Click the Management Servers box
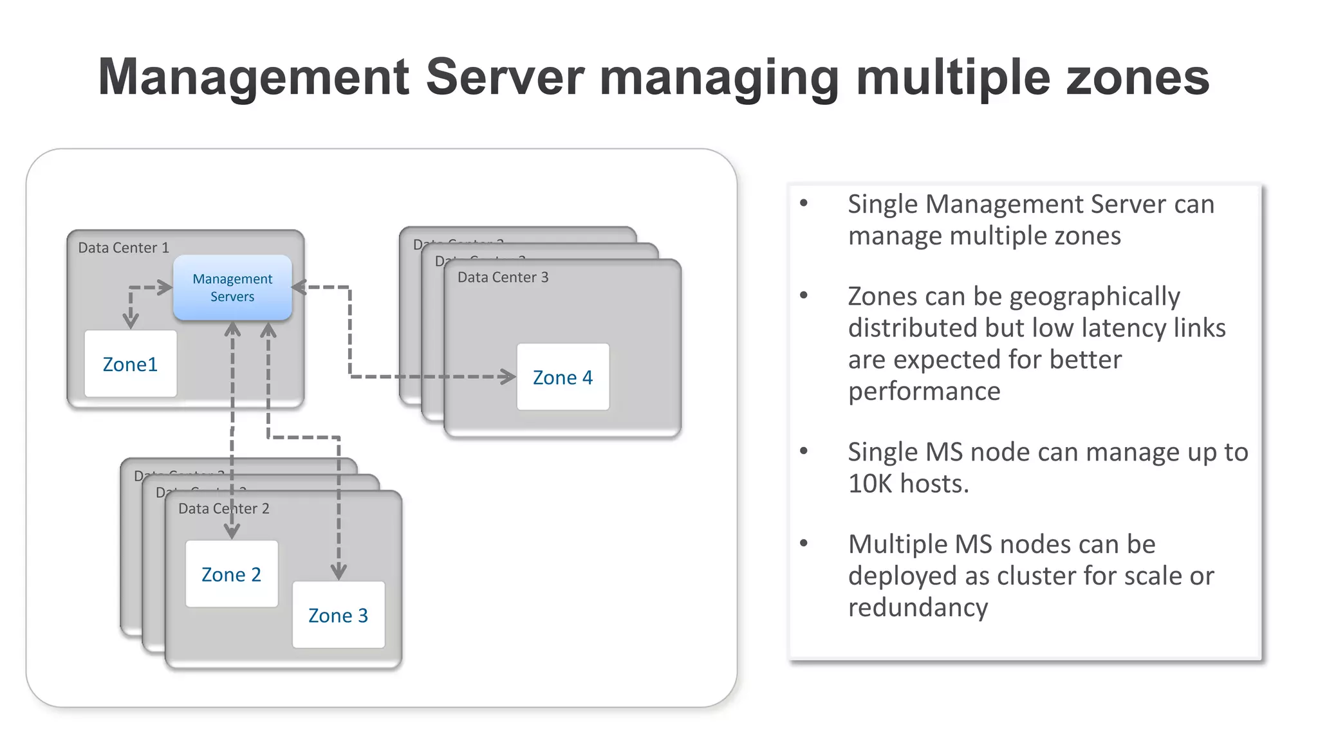232,288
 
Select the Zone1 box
131,364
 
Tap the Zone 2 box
232,574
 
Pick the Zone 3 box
339,615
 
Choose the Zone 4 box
563,377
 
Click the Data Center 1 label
124,248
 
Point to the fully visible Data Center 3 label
503,277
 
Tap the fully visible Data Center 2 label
224,509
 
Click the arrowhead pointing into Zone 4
508,377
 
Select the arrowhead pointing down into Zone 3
339,571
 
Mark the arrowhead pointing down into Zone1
131,320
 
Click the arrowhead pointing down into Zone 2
232,531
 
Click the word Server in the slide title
505,77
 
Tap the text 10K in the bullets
870,484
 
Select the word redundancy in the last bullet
918,607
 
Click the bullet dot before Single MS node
804,451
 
